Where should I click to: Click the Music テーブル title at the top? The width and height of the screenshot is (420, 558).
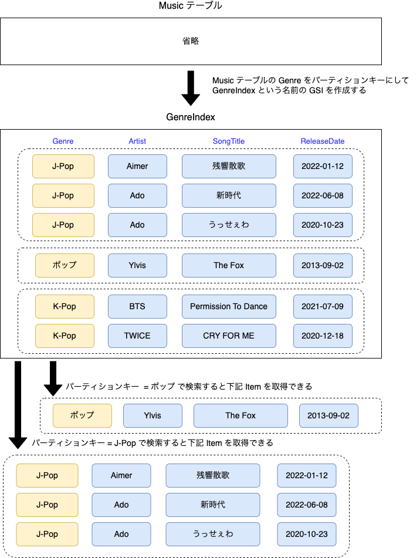[191, 6]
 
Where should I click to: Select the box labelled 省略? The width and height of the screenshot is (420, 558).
[191, 41]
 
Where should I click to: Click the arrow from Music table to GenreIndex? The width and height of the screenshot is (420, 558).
[191, 87]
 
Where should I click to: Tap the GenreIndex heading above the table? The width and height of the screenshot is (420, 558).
[191, 117]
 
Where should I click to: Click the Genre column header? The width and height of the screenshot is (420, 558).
[63, 141]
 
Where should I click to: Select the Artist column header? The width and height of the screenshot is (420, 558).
[137, 141]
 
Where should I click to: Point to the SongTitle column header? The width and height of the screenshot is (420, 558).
[228, 141]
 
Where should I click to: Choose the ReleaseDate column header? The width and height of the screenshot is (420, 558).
[322, 141]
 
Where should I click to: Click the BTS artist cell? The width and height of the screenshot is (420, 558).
[137, 306]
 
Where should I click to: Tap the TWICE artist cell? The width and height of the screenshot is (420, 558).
[137, 336]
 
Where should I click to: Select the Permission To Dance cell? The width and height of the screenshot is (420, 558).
[228, 306]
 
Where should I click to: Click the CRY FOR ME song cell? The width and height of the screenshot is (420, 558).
[228, 336]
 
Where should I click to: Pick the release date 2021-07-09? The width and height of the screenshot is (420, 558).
[323, 306]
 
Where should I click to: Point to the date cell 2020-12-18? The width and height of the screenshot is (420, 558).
[323, 336]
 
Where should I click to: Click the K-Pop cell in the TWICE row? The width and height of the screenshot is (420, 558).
[65, 336]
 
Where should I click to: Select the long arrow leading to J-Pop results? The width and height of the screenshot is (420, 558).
[18, 405]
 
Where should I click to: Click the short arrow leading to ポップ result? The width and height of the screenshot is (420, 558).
[53, 378]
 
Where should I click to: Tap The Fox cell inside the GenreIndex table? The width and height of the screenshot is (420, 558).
[228, 265]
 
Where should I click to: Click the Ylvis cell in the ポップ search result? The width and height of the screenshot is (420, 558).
[153, 415]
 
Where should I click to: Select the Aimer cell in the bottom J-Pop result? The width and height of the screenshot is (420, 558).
[121, 475]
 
